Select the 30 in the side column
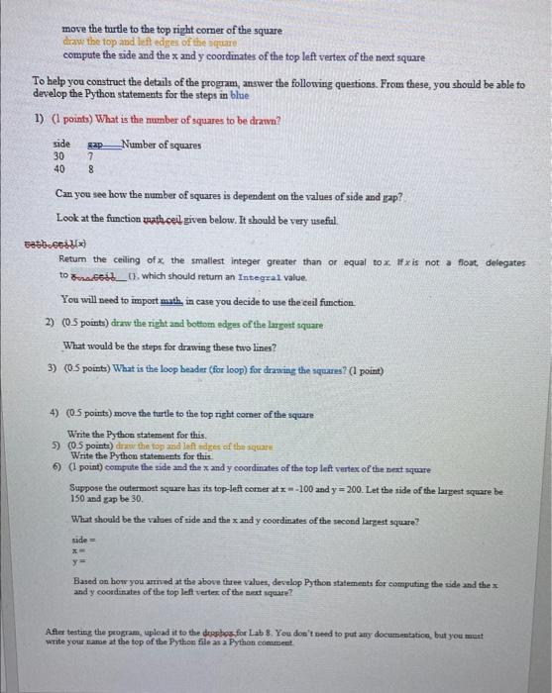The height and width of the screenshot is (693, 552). pyautogui.click(x=59, y=155)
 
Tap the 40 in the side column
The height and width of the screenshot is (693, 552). pyautogui.click(x=59, y=168)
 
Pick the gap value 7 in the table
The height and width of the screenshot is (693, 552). pyautogui.click(x=90, y=155)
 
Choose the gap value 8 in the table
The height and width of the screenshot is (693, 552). pyautogui.click(x=90, y=168)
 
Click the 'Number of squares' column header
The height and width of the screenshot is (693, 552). pyautogui.click(x=163, y=144)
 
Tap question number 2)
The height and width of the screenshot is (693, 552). pyautogui.click(x=51, y=322)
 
